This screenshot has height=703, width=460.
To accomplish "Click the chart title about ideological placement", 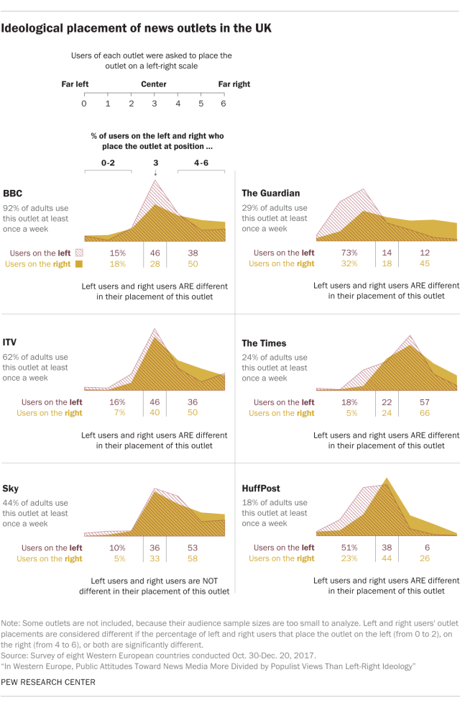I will pos(137,29).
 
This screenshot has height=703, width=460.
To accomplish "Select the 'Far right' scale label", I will pos(234,84).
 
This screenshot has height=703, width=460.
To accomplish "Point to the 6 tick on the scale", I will pos(224,104).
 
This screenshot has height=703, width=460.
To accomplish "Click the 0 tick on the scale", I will pos(84,104).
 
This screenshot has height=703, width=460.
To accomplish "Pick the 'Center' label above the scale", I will pos(154,84).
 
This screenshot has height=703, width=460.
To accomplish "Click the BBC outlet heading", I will pos(13,193).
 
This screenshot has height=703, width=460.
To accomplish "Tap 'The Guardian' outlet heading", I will pos(271,193).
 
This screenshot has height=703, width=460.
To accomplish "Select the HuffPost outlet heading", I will pos(261,489).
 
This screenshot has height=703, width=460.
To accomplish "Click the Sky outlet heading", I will pos(11,489).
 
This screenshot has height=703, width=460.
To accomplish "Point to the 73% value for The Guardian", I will pos(349,253).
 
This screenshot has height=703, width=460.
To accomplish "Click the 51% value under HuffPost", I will pos(349,548).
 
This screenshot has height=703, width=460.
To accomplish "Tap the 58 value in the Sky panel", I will pos(193,558).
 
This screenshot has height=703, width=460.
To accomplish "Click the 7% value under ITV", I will pos(117,413).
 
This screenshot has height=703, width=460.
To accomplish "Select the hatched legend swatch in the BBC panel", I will pos(79,253).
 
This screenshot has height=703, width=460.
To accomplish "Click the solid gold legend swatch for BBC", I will pos(79,264).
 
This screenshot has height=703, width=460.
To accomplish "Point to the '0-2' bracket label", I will pos(108,163).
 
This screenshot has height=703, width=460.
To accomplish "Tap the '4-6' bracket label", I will pos(202,163).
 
